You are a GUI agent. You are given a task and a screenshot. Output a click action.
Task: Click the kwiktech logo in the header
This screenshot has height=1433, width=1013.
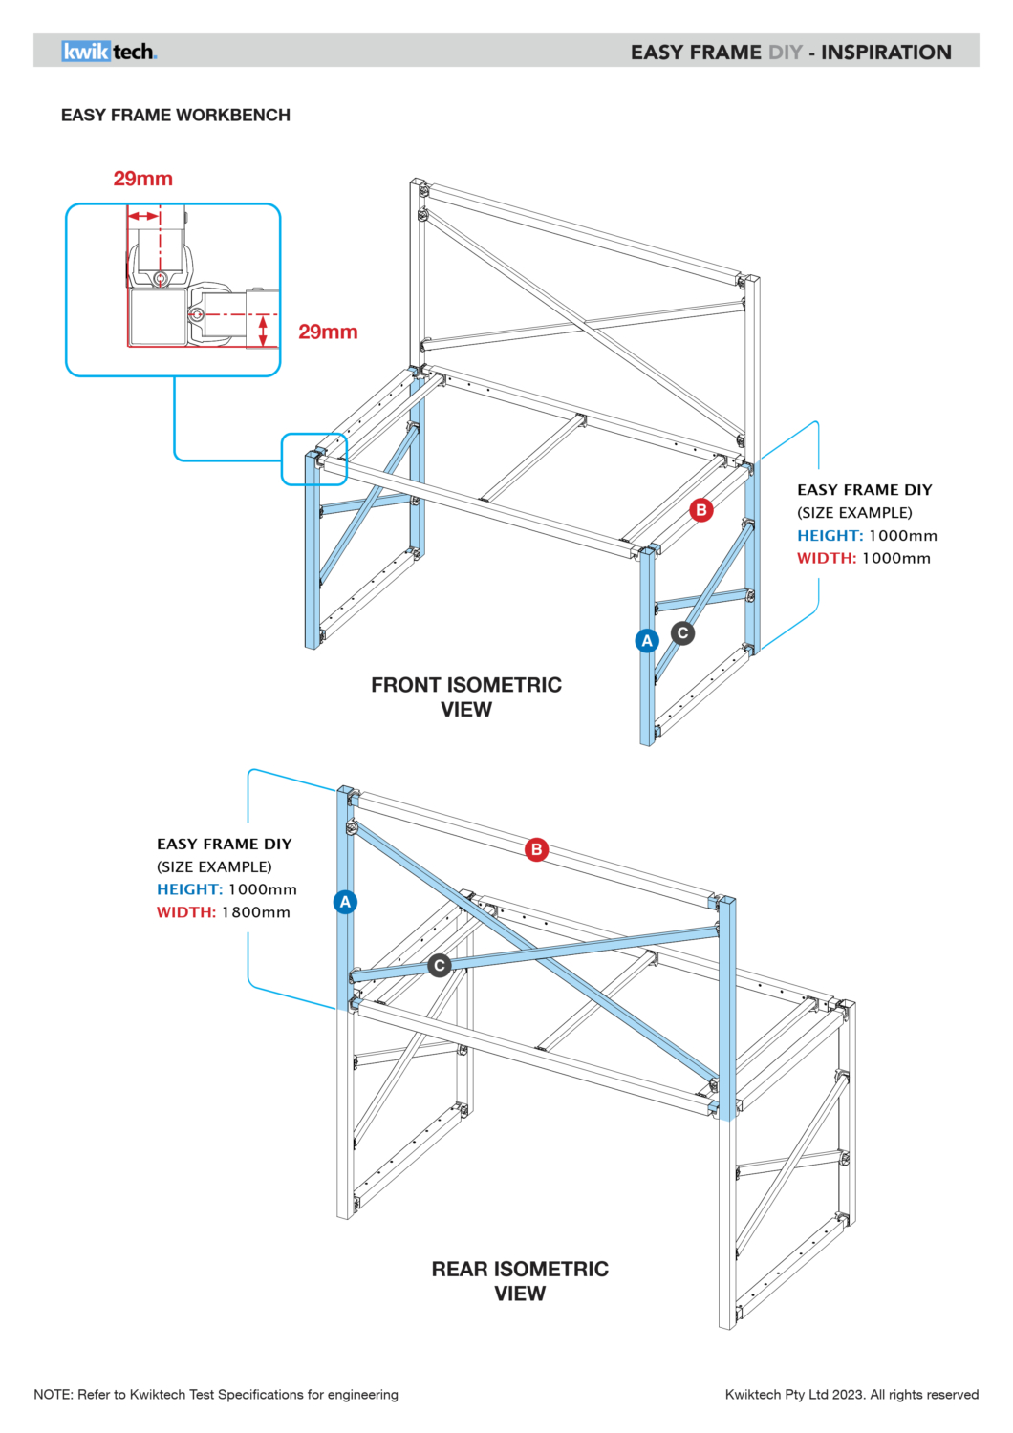tap(109, 52)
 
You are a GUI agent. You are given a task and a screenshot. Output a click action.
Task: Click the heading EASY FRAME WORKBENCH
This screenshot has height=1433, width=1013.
tap(176, 115)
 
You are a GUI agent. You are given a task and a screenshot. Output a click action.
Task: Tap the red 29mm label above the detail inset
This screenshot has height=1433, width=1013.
tap(143, 179)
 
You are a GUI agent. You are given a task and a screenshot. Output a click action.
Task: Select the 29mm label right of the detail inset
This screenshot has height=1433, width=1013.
tap(328, 332)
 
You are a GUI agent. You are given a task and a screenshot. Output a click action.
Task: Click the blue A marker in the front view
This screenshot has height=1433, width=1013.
tap(647, 640)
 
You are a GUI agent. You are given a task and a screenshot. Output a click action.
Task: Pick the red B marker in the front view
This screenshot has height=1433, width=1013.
tap(701, 509)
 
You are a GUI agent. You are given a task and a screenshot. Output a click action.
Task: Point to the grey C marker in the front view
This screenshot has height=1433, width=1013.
tap(682, 632)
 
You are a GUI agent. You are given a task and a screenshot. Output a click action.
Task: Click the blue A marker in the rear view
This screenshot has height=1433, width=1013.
tap(346, 902)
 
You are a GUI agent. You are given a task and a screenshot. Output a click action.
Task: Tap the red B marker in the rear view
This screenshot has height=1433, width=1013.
tap(537, 849)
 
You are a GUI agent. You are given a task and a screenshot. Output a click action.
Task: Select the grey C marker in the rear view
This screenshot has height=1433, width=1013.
tap(440, 966)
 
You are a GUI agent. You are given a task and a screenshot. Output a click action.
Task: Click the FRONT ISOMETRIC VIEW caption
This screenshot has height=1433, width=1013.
tap(466, 696)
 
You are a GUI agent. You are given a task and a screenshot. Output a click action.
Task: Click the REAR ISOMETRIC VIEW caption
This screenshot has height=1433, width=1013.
tap(520, 1280)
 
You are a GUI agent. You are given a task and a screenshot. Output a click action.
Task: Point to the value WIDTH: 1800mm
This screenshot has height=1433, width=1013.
tap(224, 912)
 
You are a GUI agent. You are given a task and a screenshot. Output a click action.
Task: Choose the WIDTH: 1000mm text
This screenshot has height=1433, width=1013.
tap(864, 558)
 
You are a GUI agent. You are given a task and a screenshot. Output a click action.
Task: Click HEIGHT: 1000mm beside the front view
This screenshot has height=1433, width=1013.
tap(867, 536)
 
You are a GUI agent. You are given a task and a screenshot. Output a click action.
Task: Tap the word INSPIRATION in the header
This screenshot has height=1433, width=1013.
tap(886, 53)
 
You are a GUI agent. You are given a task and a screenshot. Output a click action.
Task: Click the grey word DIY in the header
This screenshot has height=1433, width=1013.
tap(785, 53)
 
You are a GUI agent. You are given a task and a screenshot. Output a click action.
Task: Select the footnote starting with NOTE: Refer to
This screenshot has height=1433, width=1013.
tap(216, 1395)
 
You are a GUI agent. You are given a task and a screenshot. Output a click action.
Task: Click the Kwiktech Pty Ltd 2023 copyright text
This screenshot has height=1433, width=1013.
tap(851, 1395)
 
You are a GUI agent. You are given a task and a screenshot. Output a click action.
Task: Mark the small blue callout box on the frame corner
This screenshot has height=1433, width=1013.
tap(313, 459)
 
